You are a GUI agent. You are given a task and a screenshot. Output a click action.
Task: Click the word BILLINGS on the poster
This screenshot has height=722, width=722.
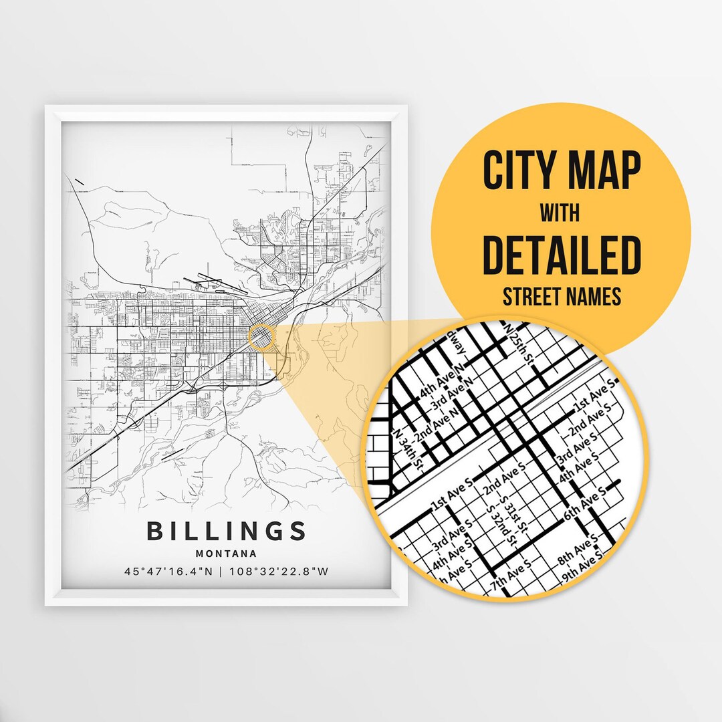pyautogui.click(x=226, y=531)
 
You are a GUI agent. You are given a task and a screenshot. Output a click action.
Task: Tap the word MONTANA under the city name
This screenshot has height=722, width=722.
pyautogui.click(x=226, y=554)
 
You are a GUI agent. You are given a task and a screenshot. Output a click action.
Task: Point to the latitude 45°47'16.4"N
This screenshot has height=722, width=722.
pyautogui.click(x=172, y=572)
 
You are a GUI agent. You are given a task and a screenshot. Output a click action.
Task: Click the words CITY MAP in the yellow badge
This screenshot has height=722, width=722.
pyautogui.click(x=562, y=171)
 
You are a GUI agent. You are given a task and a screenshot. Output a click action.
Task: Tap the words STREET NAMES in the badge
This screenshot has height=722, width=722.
pyautogui.click(x=562, y=296)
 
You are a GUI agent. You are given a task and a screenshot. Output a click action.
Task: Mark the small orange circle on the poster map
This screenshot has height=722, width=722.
pyautogui.click(x=261, y=336)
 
